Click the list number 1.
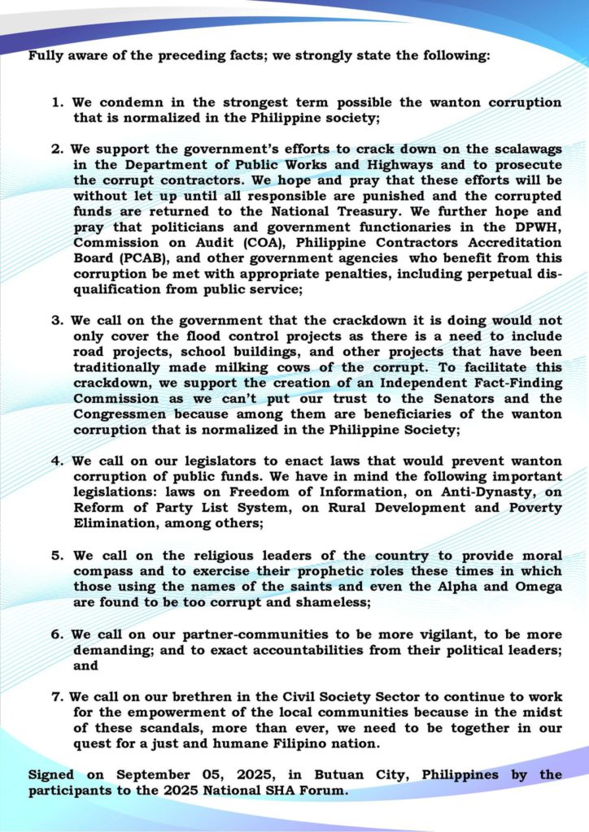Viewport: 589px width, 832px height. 56,103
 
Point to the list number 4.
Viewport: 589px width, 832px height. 56,459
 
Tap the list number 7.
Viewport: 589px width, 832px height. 56,696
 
